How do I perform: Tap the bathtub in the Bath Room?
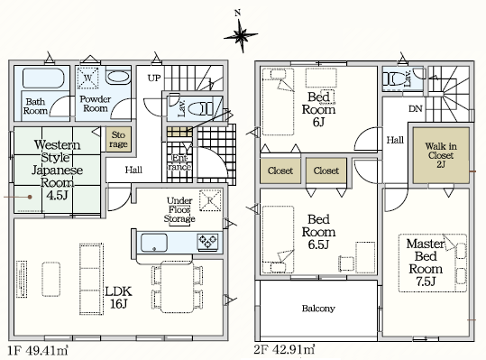[x=43, y=78]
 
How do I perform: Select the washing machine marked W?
[x=87, y=78]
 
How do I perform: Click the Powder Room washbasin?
[x=118, y=77]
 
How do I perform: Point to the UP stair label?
[x=154, y=78]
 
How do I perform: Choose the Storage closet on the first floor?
[x=118, y=139]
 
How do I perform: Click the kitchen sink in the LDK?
[x=154, y=243]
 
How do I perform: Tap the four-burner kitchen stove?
[x=208, y=242]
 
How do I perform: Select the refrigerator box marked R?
[x=210, y=200]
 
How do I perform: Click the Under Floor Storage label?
[x=179, y=209]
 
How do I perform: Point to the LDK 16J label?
[x=118, y=298]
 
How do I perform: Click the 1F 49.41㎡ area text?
[x=38, y=350]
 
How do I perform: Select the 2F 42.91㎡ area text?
[x=284, y=349]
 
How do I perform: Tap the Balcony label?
[x=318, y=309]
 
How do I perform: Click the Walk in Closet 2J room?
[x=441, y=155]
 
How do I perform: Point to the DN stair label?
[x=416, y=109]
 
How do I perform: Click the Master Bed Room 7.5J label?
[x=426, y=263]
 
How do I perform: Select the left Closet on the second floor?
[x=280, y=171]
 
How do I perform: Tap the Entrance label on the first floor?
[x=179, y=162]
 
